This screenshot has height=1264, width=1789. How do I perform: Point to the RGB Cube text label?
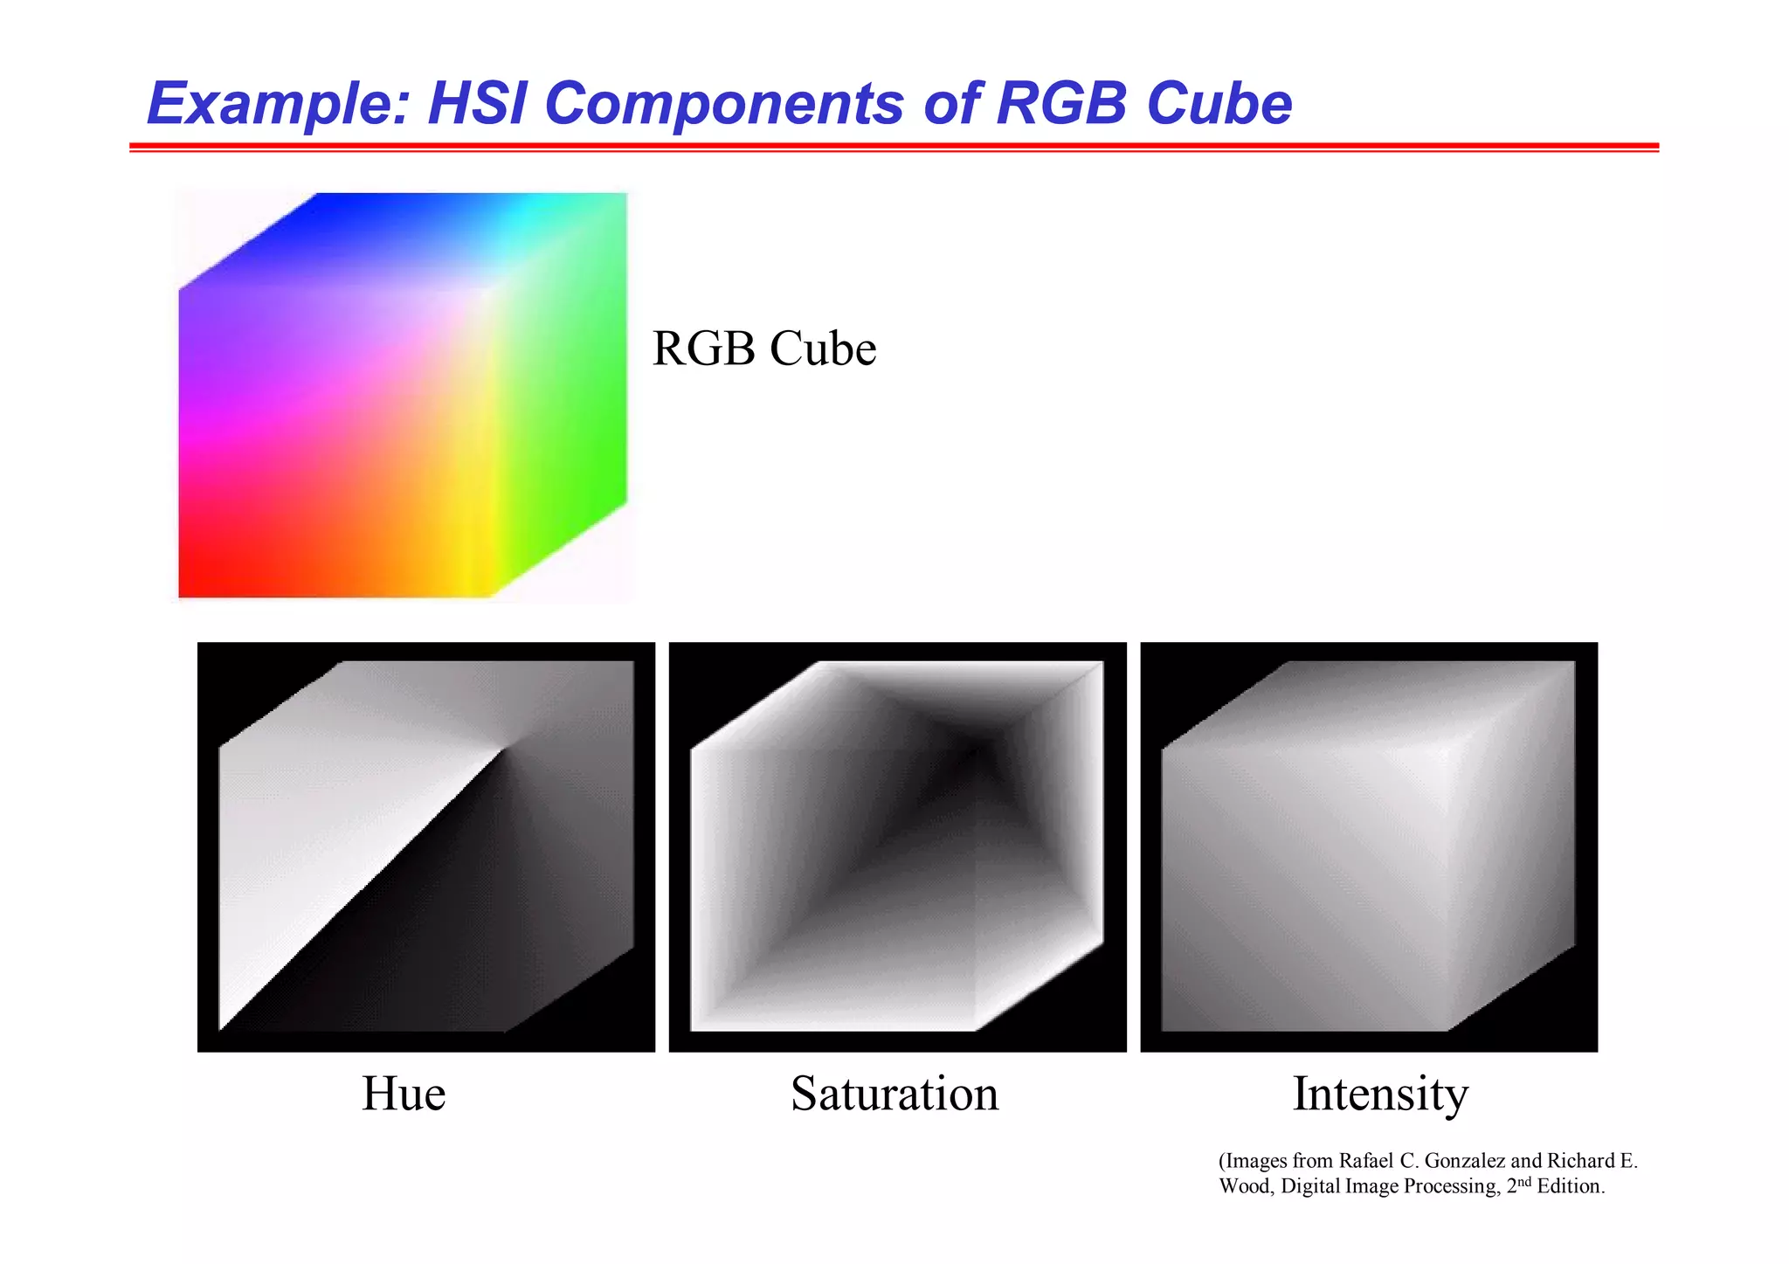pos(763,349)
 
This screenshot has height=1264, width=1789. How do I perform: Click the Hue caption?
pos(404,1093)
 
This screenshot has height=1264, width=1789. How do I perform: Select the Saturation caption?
pos(894,1093)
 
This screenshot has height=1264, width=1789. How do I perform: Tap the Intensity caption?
pos(1380,1093)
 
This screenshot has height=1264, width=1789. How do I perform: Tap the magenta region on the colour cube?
pos(201,428)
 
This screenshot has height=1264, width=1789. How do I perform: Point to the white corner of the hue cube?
pos(502,749)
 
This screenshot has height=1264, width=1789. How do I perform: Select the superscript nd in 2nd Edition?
pos(1524,1181)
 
